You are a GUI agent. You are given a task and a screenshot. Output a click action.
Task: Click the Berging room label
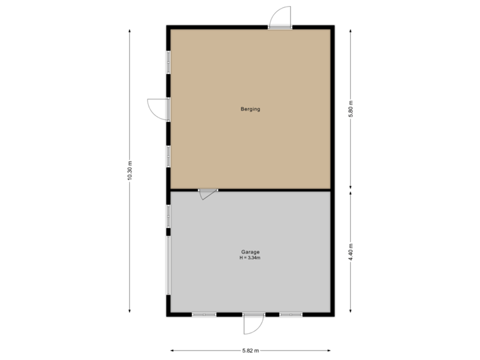coord(251,109)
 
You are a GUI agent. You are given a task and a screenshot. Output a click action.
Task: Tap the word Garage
coord(251,252)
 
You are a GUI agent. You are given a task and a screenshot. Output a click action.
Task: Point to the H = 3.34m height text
coord(251,257)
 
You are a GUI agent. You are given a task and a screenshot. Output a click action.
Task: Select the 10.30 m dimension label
coord(130,171)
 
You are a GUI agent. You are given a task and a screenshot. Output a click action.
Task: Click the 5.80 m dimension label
coord(351,108)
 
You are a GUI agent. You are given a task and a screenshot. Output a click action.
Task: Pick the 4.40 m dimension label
coord(351,252)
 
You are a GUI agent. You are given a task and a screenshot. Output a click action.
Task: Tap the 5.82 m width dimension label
coord(251,350)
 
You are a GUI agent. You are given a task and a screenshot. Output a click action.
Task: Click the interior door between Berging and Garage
coord(207,193)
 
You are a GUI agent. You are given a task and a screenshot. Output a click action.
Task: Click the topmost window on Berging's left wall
coord(169,61)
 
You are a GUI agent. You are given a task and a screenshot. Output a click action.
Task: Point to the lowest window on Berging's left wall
coord(169,155)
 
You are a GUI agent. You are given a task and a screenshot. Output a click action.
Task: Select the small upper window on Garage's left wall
coord(169,215)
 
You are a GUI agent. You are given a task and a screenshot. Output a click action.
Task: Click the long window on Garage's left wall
coord(169,267)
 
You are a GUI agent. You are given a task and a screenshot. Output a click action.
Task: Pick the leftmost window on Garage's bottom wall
coord(204,314)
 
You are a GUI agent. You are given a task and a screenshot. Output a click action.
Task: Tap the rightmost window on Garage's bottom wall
coord(291,314)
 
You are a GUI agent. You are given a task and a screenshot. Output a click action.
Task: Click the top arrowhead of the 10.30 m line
coord(130,29)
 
